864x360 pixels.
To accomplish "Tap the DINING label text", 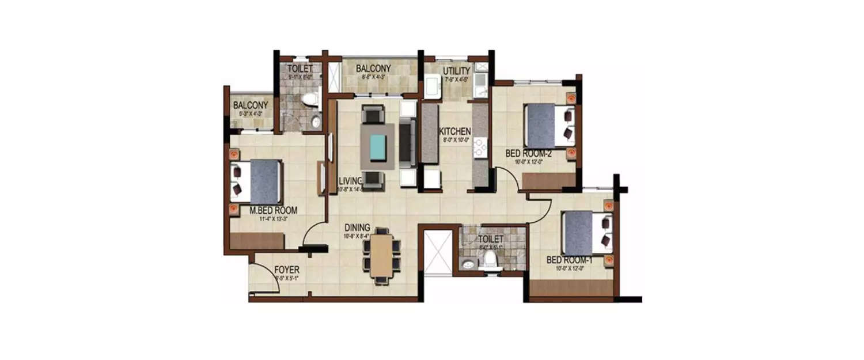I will (358, 228).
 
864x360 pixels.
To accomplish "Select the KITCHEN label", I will (455, 131).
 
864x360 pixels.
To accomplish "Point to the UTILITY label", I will (457, 71).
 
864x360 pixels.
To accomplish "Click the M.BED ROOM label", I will (273, 210).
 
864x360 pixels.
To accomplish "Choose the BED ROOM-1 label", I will (570, 261).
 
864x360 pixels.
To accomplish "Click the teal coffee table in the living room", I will (378, 146).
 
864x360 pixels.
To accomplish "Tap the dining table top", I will (381, 254).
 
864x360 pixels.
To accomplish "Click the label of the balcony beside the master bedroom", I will (250, 105).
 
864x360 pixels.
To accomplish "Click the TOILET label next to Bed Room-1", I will (491, 238).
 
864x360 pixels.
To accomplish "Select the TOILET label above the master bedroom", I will (300, 69).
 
